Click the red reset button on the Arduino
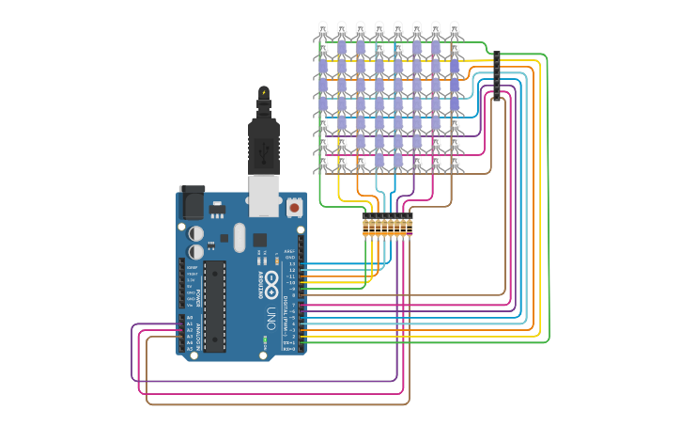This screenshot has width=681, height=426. tap(294, 207)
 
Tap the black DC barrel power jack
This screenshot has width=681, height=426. tap(192, 202)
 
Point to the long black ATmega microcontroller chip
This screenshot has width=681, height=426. tap(214, 307)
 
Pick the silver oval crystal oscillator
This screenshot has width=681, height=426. tap(239, 237)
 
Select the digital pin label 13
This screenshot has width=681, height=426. tap(292, 264)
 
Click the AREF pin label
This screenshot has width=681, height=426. tap(291, 251)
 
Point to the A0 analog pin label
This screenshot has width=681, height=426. tap(189, 318)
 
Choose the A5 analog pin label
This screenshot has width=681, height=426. tap(189, 349)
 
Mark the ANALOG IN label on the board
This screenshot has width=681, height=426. tap(198, 334)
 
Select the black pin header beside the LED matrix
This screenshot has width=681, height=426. tap(496, 76)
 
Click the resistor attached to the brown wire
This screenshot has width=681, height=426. tap(410, 226)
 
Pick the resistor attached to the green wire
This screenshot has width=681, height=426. tap(365, 226)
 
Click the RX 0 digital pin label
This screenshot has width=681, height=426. tap(291, 349)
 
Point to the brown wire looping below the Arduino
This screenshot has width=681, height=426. tap(282, 404)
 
